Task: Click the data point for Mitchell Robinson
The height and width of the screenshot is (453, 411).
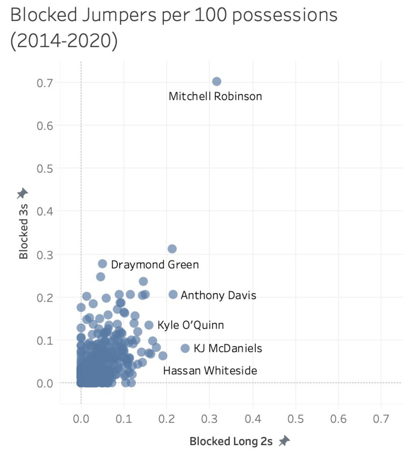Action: [217, 81]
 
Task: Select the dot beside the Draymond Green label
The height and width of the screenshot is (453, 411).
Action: [102, 263]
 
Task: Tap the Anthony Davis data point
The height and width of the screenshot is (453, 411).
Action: [173, 294]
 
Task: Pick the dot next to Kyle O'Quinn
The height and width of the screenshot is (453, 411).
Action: [149, 325]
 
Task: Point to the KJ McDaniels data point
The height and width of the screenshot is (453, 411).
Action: [185, 348]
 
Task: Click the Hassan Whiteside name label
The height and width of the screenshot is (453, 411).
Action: [210, 371]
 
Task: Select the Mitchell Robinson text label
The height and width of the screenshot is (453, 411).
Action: [215, 96]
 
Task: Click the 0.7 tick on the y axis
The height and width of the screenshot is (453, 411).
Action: [45, 83]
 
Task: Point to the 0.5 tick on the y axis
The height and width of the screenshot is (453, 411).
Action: [45, 169]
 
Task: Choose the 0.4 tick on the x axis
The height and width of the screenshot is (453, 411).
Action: [253, 419]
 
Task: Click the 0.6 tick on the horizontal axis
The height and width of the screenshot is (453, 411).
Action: [338, 419]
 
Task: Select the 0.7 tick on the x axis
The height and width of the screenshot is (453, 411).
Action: [381, 419]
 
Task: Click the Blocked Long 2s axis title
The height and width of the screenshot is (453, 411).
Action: [231, 441]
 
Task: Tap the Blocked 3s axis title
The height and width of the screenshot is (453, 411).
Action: [24, 231]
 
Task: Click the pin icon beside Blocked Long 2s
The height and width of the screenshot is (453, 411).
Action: [284, 441]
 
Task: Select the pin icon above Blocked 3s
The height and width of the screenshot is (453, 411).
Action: [23, 193]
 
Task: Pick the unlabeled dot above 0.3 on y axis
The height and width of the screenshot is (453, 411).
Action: [172, 249]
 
